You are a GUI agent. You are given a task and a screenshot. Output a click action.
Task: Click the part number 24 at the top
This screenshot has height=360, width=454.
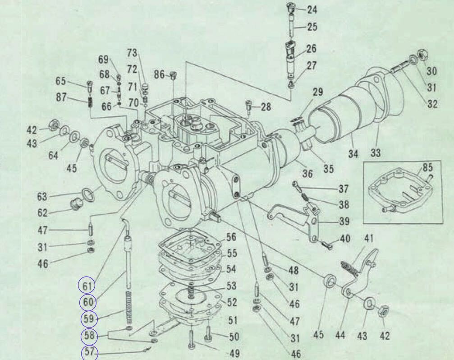pos(312,10)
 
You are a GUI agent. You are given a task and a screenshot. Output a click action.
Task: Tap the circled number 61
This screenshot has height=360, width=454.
pos(87,286)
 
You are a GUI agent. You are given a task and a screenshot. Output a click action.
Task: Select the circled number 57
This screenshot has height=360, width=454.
pos(89,352)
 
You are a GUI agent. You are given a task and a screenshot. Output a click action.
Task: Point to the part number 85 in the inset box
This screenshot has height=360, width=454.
pos(427,167)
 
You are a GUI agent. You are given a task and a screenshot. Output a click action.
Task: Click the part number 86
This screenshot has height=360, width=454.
pos(159,75)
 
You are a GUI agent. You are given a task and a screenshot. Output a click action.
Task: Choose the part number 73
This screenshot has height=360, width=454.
pos(132,53)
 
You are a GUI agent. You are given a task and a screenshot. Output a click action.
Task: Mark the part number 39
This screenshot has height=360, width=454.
pos(344,221)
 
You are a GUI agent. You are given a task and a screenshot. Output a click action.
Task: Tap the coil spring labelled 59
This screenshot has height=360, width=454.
pos(129,308)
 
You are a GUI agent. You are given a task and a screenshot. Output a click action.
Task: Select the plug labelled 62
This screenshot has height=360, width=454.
pos(77,205)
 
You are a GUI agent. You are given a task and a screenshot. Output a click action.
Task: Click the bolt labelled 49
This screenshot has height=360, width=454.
pos(191,340)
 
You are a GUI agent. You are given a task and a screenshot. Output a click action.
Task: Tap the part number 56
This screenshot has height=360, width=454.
pos(231,237)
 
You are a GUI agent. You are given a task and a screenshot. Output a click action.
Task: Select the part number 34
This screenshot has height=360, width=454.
pos(353,153)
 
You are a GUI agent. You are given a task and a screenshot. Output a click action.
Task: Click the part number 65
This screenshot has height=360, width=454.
pos(60,81)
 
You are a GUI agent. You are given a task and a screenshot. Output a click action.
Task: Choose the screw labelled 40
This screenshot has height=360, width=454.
pos(327,245)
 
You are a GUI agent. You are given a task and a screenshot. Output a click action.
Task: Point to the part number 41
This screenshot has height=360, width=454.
pos(369,239)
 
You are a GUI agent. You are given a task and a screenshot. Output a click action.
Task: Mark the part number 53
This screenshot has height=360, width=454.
pos(231,286)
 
